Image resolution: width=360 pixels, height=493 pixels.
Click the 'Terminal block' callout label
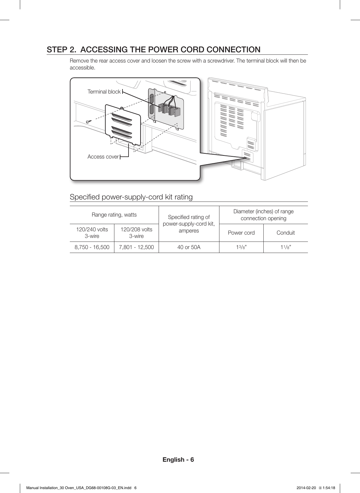pyautogui.click(x=104, y=92)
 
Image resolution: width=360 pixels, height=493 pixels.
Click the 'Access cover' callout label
pyautogui.click(x=103, y=157)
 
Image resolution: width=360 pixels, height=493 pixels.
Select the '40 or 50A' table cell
pyautogui.click(x=189, y=248)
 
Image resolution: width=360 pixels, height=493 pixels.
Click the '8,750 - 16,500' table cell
pyautogui.click(x=92, y=248)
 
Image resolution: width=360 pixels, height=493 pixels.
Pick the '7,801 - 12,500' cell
pyautogui.click(x=136, y=248)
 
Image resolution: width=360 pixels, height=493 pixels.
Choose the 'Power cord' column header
pyautogui.click(x=241, y=233)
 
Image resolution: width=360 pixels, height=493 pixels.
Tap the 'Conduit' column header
pyautogui.click(x=286, y=233)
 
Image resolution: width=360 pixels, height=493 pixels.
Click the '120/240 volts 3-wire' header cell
pyautogui.click(x=92, y=233)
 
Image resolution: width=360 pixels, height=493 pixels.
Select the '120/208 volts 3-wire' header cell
pyautogui.click(x=136, y=233)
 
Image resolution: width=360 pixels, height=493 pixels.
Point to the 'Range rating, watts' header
pyautogui.click(x=114, y=215)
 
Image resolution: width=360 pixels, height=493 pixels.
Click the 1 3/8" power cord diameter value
pyautogui.click(x=241, y=248)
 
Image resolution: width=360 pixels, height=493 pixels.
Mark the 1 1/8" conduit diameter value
pyautogui.click(x=286, y=248)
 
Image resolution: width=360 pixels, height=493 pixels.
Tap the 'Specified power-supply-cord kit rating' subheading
pyautogui.click(x=131, y=197)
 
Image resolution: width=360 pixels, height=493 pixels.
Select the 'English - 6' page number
pyautogui.click(x=178, y=460)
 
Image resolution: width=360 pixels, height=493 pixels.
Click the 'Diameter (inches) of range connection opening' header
pyautogui.click(x=263, y=215)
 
